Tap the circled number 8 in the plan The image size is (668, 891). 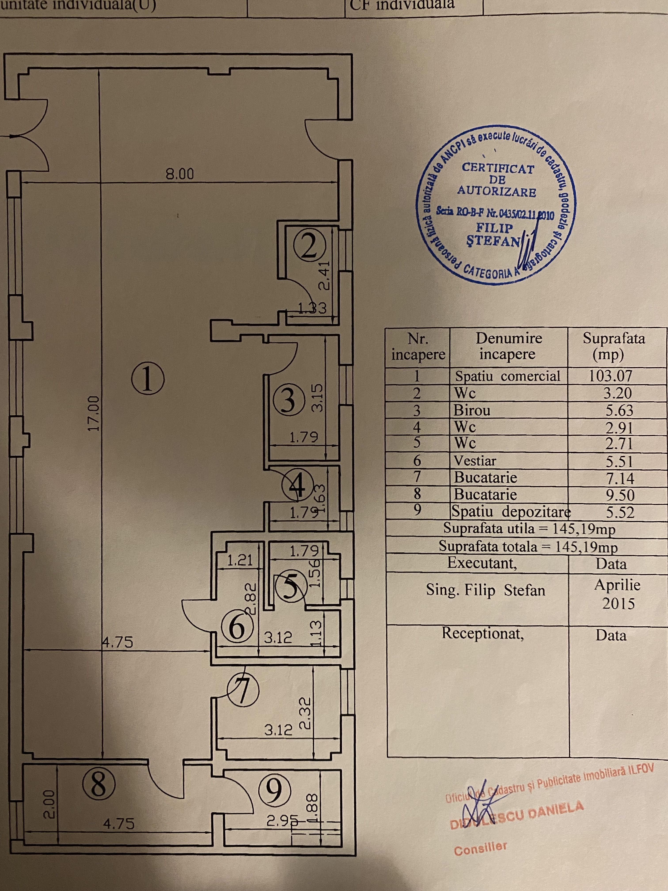click(99, 785)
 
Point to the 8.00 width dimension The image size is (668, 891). click(180, 174)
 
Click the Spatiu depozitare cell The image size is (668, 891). click(510, 512)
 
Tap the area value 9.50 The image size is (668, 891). click(620, 495)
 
